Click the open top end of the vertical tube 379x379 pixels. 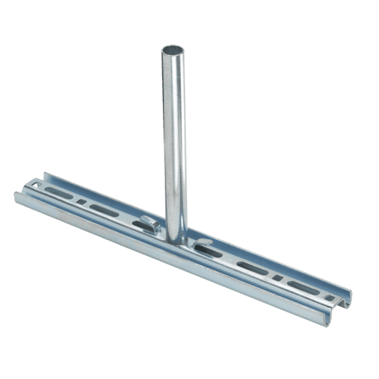pyautogui.click(x=172, y=50)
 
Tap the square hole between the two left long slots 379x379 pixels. pyautogui.click(x=82, y=202)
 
